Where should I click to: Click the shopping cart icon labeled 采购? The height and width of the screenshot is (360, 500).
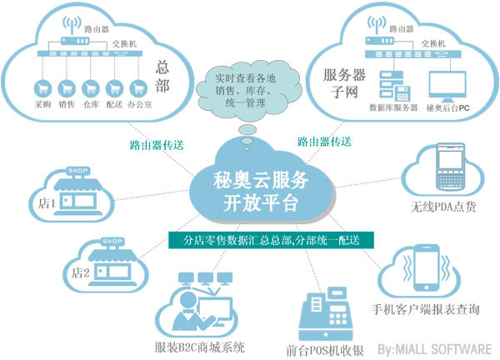tap(42, 88)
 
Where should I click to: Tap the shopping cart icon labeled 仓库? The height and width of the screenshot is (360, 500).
tap(91, 88)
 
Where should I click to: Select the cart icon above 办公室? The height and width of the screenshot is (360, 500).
tap(138, 88)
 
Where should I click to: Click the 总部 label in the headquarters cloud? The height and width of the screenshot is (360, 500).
tap(162, 76)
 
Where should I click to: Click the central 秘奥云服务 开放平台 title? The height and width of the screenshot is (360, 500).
tap(261, 192)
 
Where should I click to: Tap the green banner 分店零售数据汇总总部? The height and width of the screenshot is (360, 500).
tap(271, 240)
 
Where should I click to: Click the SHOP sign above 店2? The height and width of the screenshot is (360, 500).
tap(112, 242)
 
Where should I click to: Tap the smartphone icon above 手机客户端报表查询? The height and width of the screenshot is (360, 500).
tap(427, 267)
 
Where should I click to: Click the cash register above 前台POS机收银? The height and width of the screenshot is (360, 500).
tap(326, 314)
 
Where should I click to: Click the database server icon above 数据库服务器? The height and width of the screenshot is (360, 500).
tap(394, 85)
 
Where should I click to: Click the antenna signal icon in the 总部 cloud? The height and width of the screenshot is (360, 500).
tap(72, 25)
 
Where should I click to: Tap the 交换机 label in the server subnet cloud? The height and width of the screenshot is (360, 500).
tap(433, 43)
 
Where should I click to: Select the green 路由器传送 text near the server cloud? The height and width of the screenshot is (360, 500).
tap(325, 142)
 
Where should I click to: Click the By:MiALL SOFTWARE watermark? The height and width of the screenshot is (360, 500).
tap(435, 349)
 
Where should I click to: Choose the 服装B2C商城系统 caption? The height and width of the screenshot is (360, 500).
tap(200, 347)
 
